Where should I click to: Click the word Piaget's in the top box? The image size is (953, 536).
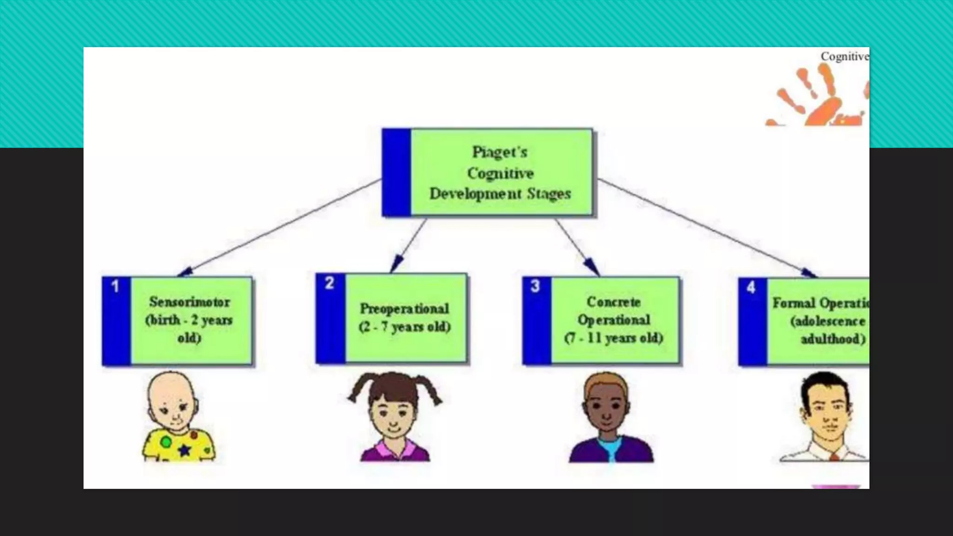(x=500, y=152)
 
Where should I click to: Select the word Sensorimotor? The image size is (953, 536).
(x=189, y=302)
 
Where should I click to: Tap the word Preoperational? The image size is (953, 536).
(x=404, y=308)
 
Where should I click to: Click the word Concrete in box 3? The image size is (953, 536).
(x=613, y=302)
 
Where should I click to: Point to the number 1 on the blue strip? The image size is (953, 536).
(x=115, y=286)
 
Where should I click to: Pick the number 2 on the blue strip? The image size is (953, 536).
(x=329, y=283)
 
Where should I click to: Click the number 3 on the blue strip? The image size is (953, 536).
(x=535, y=286)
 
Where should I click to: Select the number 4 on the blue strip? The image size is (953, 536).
(x=751, y=287)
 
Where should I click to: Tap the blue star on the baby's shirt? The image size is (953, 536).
(x=185, y=450)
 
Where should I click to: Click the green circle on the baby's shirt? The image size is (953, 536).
(x=166, y=442)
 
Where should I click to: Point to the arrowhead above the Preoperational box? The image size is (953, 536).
(x=396, y=264)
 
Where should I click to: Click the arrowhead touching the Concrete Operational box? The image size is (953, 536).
(x=592, y=267)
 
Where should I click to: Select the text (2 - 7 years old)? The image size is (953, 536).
(x=404, y=327)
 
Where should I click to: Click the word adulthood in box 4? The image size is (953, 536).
(x=832, y=339)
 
